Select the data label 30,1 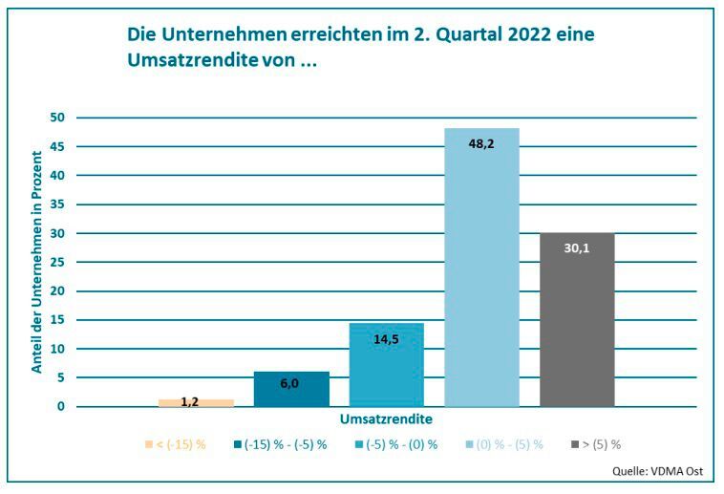click(x=577, y=247)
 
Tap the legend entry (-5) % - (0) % click(x=394, y=444)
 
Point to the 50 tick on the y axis click(x=57, y=118)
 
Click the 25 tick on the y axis click(x=57, y=262)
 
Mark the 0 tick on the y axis click(x=60, y=407)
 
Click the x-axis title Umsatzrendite click(x=386, y=419)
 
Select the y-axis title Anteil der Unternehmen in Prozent click(x=37, y=261)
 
